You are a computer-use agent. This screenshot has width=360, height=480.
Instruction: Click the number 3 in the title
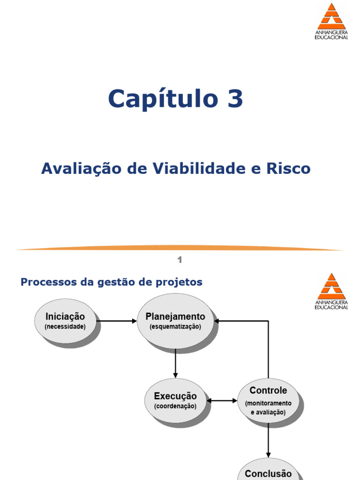[235, 98]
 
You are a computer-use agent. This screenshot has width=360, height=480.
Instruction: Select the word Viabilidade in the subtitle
[199, 168]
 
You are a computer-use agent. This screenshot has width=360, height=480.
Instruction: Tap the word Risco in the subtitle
[288, 168]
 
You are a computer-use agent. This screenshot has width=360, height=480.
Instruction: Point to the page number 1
[180, 260]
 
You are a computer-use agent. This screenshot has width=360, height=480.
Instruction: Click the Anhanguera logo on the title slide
[331, 21]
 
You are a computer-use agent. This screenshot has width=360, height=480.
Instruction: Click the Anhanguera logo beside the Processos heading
[331, 291]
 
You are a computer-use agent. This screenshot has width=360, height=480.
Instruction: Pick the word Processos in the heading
[49, 282]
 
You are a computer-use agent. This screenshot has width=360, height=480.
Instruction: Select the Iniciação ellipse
[65, 321]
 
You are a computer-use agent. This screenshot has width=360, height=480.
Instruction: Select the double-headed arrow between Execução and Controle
[222, 400]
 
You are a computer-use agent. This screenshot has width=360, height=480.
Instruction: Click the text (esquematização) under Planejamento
[175, 327]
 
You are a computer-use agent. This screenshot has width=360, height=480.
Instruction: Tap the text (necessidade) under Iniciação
[65, 327]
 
